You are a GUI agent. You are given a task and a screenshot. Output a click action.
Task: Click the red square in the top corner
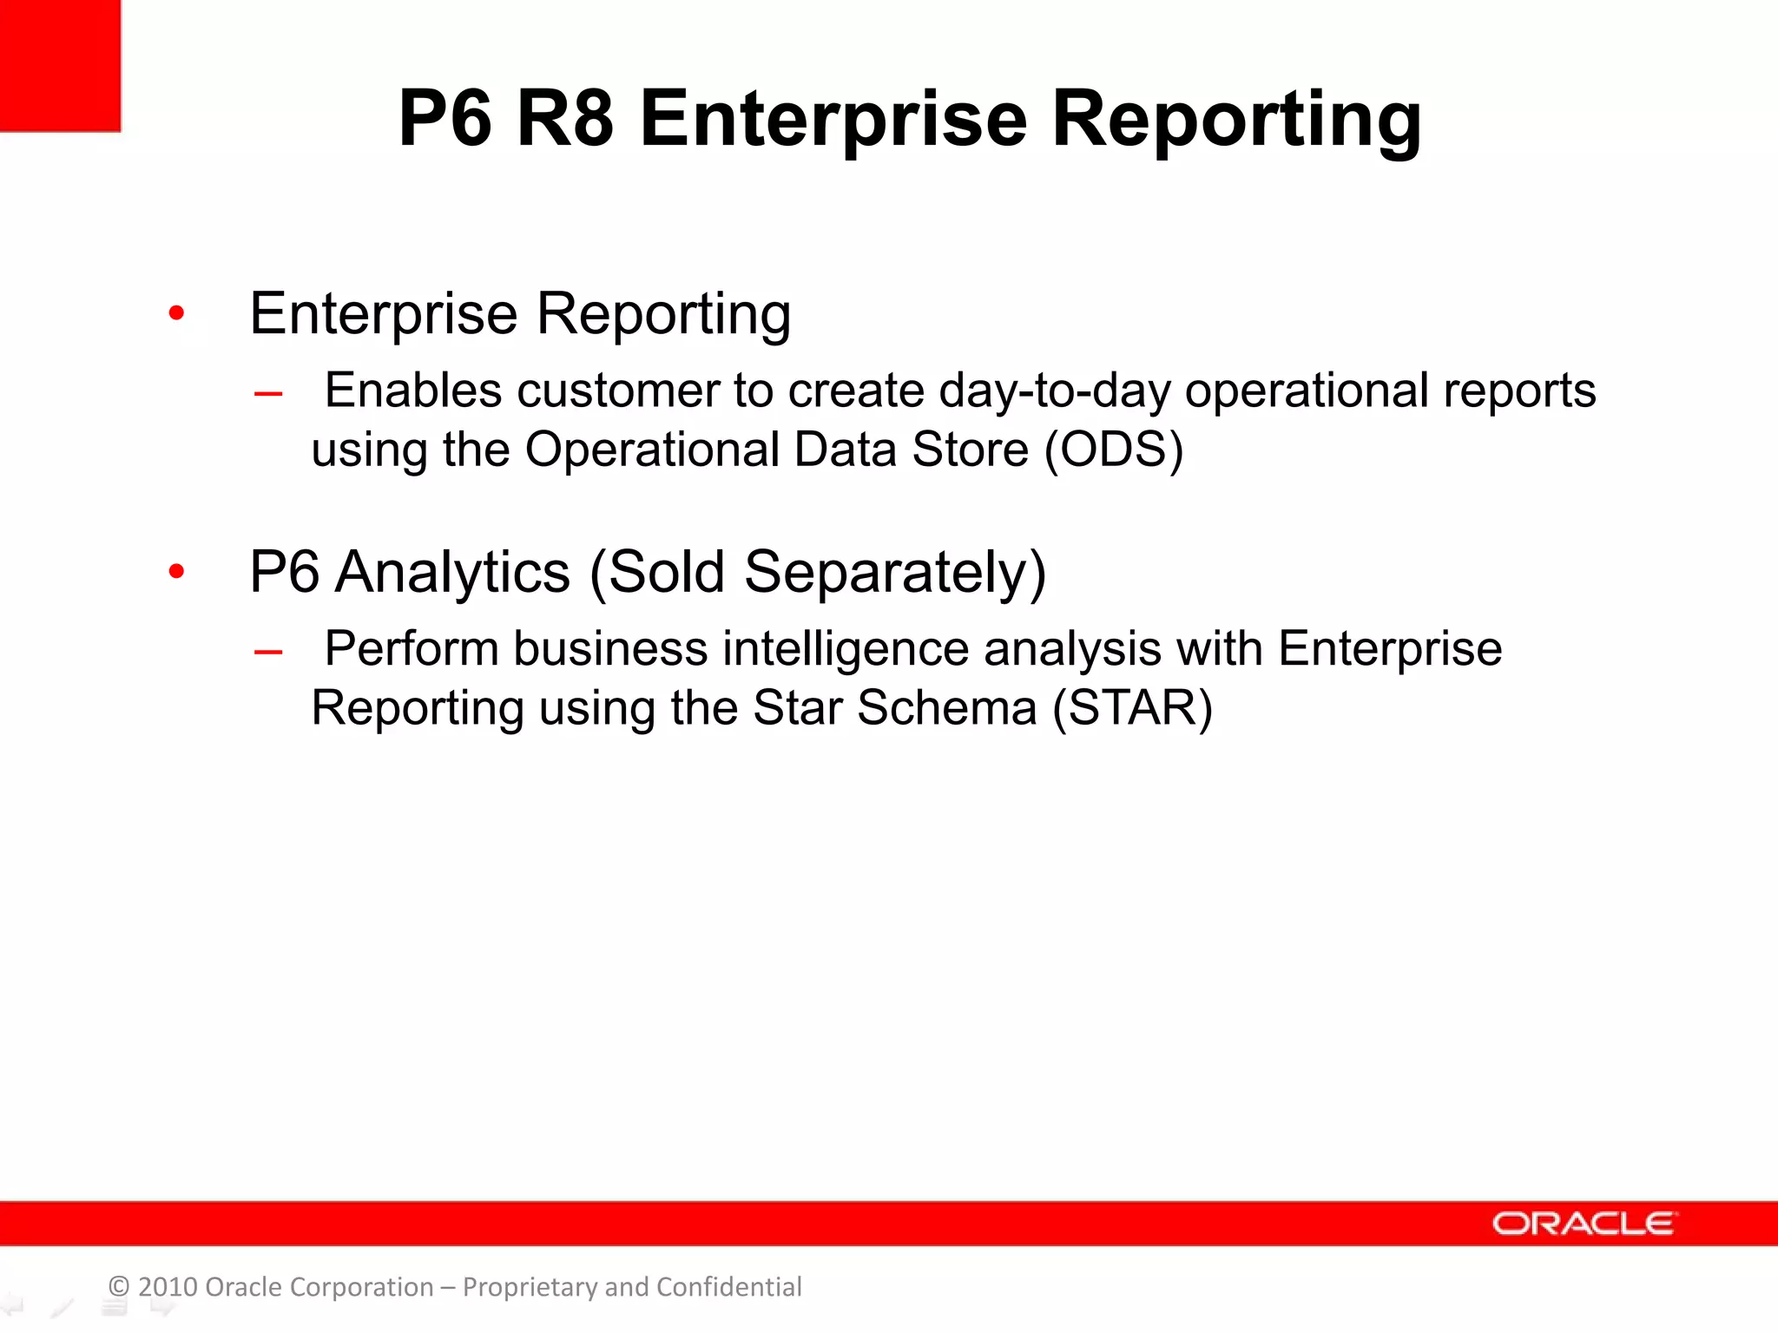[59, 65]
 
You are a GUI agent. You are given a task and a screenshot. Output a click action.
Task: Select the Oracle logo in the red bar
[1584, 1223]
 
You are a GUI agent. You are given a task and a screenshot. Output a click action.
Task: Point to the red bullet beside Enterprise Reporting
[177, 313]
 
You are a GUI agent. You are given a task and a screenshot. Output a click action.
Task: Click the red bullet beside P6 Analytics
[177, 571]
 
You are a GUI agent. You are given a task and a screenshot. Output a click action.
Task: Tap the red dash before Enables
[268, 395]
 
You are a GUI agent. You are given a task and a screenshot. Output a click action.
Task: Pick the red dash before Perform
[268, 653]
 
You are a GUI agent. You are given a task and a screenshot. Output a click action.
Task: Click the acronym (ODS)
[1114, 450]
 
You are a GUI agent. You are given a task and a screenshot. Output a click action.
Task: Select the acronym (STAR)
[1132, 707]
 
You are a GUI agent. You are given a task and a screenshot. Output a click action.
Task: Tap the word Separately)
[895, 572]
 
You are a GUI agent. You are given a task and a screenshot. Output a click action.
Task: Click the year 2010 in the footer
[168, 1286]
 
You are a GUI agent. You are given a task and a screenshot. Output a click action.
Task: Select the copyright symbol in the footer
[119, 1286]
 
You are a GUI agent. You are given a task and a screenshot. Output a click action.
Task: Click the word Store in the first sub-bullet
[970, 450]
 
